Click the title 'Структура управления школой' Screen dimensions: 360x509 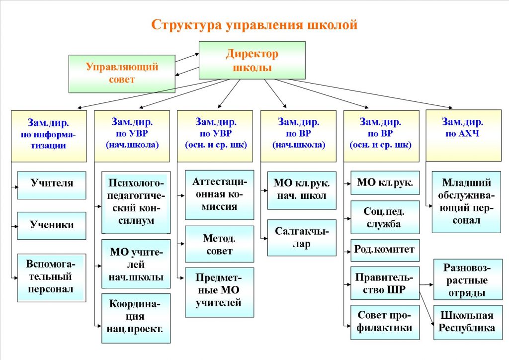254,25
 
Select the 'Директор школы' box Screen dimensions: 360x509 252,60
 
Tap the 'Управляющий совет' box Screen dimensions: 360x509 122,74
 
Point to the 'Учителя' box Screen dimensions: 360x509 52,183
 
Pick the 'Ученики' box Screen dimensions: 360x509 52,225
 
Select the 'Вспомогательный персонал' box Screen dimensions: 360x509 52,276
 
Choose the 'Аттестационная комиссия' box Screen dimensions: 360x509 219,194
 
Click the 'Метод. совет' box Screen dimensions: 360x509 219,244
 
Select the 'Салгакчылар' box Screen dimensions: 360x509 302,238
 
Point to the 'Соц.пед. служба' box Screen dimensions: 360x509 385,217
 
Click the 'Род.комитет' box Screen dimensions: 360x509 385,250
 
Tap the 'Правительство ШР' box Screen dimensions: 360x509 385,283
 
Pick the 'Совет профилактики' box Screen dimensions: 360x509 385,321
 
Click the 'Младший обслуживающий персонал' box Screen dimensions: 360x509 466,202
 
